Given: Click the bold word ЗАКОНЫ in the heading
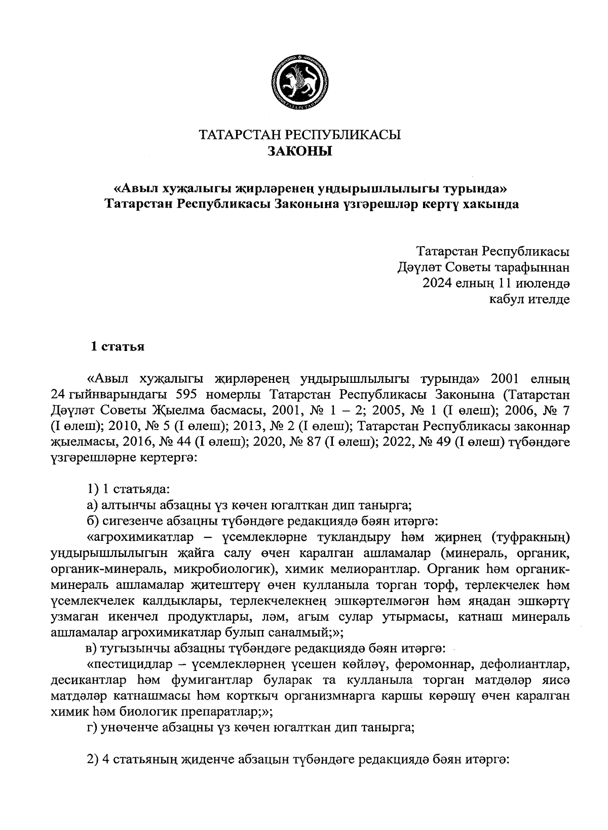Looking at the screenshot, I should [299, 151].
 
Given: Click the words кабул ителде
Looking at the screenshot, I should [529, 299].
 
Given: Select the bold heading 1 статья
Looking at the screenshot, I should [118, 347].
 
